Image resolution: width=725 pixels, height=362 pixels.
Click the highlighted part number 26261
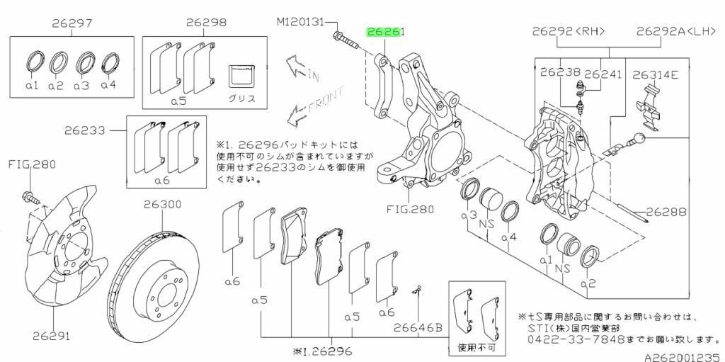coord(384,33)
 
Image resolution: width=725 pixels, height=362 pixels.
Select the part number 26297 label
coord(72,23)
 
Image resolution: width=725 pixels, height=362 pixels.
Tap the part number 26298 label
coord(206,23)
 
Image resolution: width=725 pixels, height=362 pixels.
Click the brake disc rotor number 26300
coord(164,204)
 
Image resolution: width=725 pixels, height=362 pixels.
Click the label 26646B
coord(419,327)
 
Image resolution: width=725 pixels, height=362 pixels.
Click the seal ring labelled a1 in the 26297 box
coord(33,61)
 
